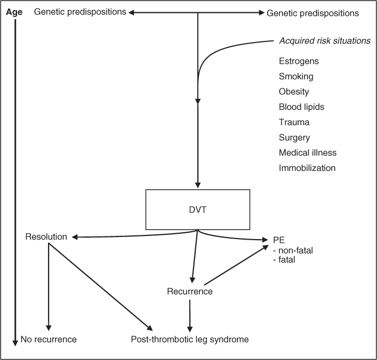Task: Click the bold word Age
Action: point(14,12)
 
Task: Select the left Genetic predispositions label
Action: point(80,12)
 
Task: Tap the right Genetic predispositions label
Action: point(312,12)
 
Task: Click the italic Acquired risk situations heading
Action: point(324,41)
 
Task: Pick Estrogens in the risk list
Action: point(299,61)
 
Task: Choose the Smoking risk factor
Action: point(296,77)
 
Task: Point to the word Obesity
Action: point(294,92)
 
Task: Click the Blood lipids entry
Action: point(301,107)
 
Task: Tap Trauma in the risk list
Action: point(294,122)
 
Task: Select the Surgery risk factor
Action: point(294,137)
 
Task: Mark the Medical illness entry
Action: point(308,153)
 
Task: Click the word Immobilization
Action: point(307,168)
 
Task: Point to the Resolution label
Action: point(46,236)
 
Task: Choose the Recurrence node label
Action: point(189,291)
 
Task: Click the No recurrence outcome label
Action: point(49,339)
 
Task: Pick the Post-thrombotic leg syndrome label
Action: point(190,339)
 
